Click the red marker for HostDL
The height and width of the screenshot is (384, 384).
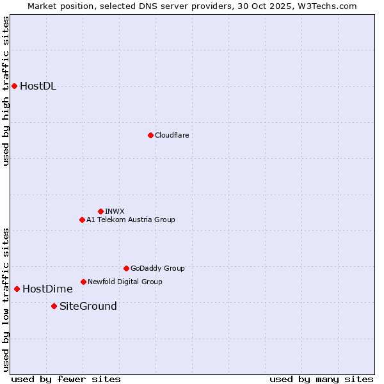click(14, 86)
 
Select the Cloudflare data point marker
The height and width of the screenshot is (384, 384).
click(150, 135)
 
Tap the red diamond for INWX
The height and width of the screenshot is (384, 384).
click(100, 211)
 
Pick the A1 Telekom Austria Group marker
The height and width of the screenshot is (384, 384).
click(82, 220)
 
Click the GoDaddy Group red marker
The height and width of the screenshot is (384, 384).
click(126, 268)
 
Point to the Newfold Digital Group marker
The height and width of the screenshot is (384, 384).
click(83, 282)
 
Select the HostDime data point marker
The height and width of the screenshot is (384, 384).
click(17, 289)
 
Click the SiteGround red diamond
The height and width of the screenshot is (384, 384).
click(54, 306)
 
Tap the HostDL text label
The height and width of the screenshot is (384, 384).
click(38, 86)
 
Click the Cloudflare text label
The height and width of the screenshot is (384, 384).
click(172, 135)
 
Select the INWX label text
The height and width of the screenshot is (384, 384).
click(115, 211)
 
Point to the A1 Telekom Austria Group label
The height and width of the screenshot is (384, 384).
click(131, 220)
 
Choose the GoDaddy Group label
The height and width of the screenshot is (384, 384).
click(157, 268)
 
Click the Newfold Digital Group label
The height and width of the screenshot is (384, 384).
click(125, 282)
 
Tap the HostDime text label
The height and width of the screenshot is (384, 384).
click(47, 289)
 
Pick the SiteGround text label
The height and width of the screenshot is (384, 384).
click(88, 306)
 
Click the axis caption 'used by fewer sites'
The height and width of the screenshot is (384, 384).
click(66, 379)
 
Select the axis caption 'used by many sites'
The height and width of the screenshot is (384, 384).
click(321, 379)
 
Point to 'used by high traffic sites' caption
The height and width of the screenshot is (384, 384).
click(6, 91)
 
